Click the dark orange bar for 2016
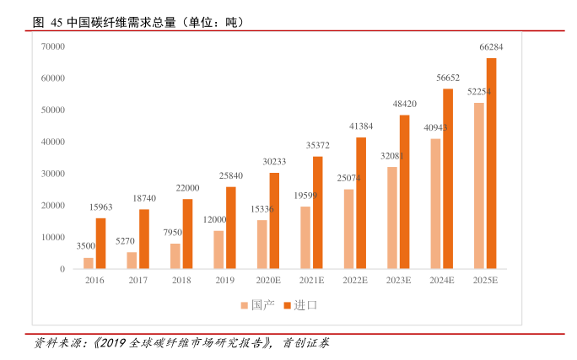tap(100, 244)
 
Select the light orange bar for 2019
tap(218, 250)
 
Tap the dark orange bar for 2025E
tap(491, 164)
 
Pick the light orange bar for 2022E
tap(348, 229)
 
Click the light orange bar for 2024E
tap(435, 204)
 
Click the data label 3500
tap(86, 246)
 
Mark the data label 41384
tap(361, 126)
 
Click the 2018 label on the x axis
tap(181, 279)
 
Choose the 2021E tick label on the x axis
tap(311, 279)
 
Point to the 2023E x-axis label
tap(398, 279)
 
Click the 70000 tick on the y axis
tap(53, 46)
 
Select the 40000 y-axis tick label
tap(53, 142)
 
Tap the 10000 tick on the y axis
tap(53, 237)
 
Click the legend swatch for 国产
tap(245, 304)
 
